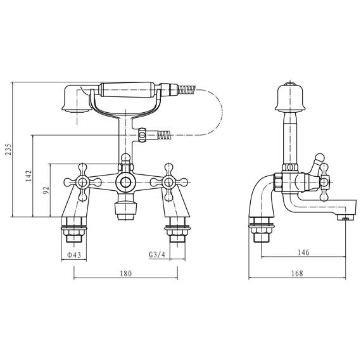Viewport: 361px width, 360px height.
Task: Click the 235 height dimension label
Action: coord(8,150)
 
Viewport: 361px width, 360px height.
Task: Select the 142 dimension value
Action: coord(28,176)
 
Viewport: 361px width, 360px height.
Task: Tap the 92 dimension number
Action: coord(46,190)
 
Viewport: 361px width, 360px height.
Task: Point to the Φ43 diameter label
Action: coord(74,255)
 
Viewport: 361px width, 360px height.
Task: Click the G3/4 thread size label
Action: coord(157,255)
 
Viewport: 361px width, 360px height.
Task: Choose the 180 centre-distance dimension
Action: coord(126,273)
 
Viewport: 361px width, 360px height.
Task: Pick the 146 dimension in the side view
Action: coord(303,253)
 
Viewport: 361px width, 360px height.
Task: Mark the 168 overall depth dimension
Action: coord(297,273)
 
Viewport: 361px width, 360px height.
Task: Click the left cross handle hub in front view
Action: coord(82,182)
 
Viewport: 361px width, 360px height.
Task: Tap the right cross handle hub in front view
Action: coord(169,182)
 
